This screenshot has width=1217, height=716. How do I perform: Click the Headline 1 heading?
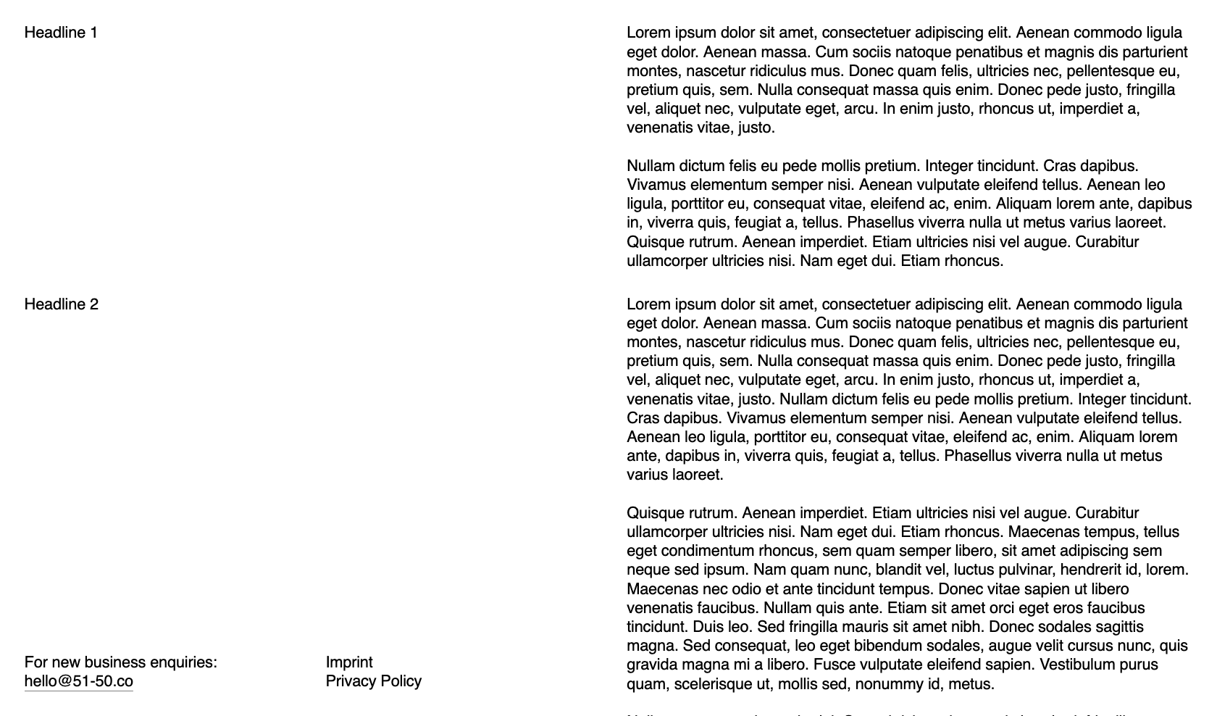click(61, 33)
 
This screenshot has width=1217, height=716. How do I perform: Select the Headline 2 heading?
click(62, 304)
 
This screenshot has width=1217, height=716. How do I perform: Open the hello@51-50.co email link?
click(79, 681)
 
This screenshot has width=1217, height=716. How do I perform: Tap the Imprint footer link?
click(349, 662)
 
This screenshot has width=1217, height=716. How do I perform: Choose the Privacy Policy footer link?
click(374, 681)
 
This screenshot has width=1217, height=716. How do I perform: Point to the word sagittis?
click(1113, 627)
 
